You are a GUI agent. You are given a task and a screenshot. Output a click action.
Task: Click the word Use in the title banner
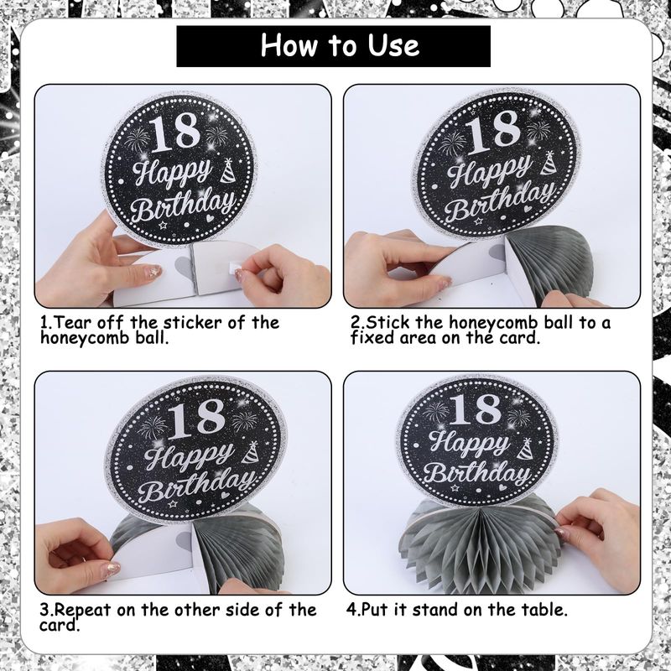[x=393, y=45]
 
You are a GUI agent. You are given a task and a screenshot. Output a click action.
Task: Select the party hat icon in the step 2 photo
[x=549, y=163]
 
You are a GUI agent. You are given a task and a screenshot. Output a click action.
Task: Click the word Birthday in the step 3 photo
[x=198, y=485]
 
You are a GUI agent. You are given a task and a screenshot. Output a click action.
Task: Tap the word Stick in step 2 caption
[x=388, y=322]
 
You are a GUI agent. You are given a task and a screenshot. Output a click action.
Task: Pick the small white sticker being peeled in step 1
[x=236, y=268]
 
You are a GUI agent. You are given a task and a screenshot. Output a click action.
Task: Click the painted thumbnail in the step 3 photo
[x=112, y=570]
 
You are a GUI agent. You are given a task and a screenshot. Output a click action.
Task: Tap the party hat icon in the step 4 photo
[x=525, y=449]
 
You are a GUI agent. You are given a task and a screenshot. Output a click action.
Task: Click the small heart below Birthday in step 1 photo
[x=211, y=218]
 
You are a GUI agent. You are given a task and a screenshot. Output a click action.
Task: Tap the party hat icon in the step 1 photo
[x=228, y=170]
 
